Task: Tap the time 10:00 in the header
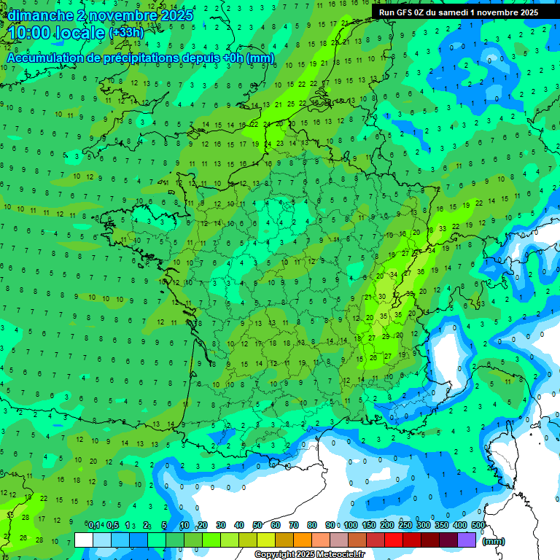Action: (x=33, y=33)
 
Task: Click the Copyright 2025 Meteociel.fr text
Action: (x=310, y=555)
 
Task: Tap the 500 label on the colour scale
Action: (x=478, y=526)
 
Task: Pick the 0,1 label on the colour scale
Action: (x=94, y=526)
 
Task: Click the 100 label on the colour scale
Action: (x=351, y=526)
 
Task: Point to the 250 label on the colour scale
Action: (x=405, y=526)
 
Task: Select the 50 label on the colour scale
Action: (x=257, y=526)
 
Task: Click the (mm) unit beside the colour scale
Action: (x=494, y=541)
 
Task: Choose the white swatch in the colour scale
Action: (x=84, y=540)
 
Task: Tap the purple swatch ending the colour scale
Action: (x=467, y=540)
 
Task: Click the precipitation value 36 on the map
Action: (x=420, y=271)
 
